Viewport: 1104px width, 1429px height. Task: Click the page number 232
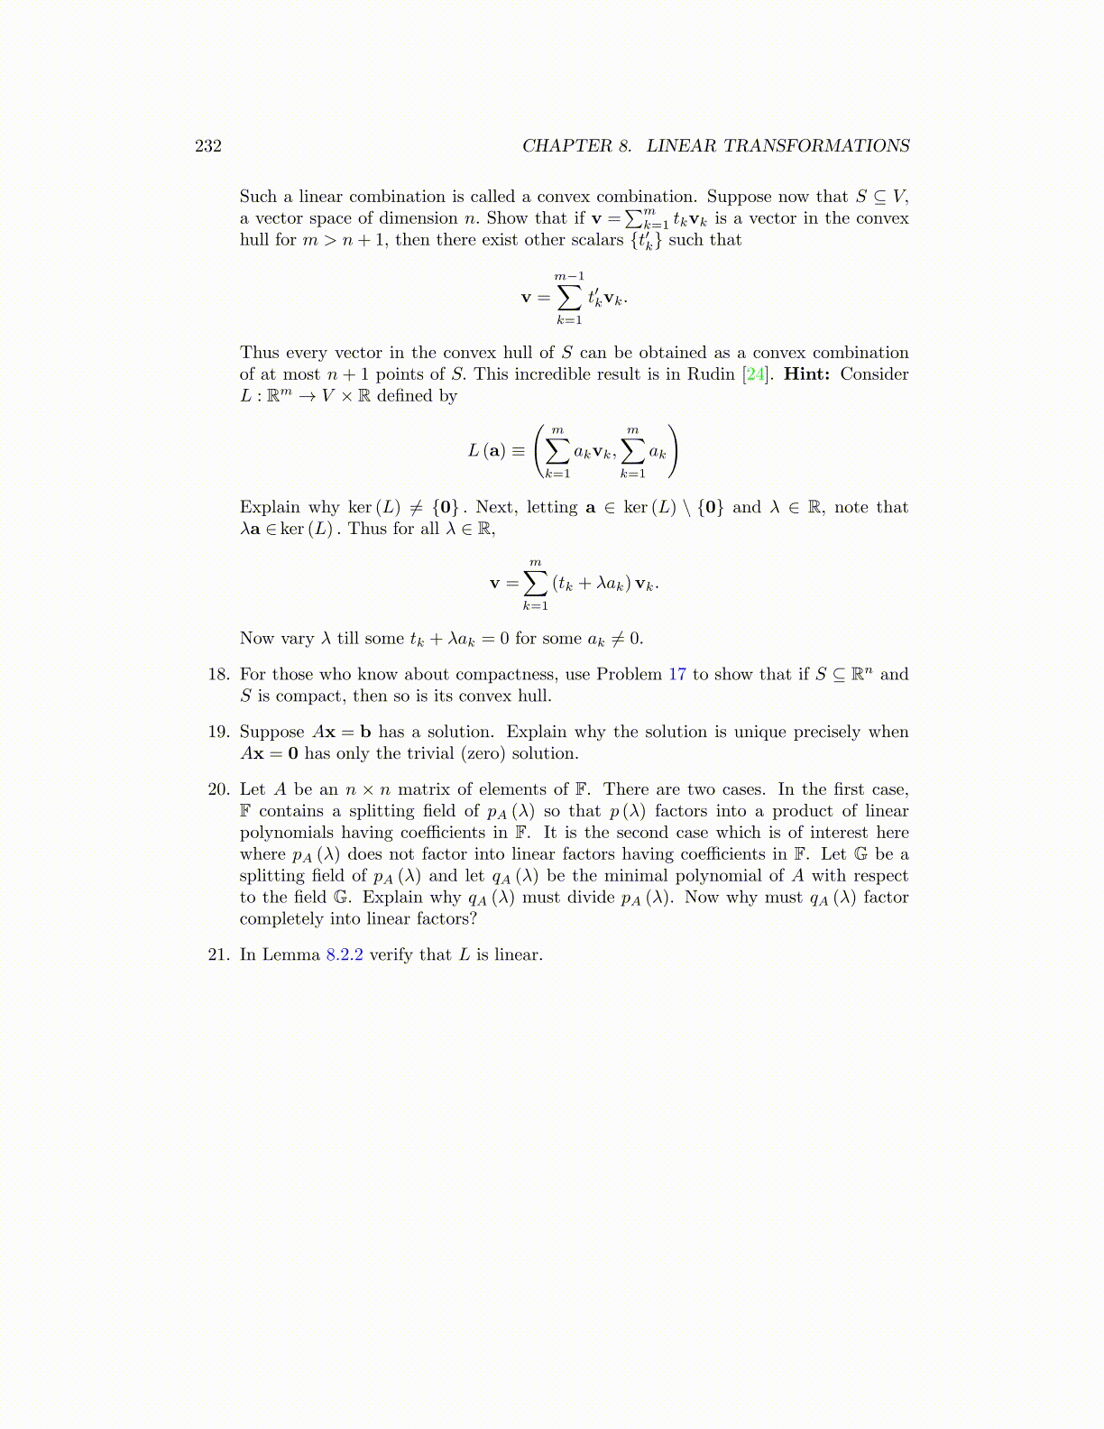point(208,146)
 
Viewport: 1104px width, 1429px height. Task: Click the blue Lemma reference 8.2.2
point(344,955)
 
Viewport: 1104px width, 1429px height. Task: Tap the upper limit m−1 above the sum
point(569,276)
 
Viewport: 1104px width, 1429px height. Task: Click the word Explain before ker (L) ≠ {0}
point(270,508)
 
